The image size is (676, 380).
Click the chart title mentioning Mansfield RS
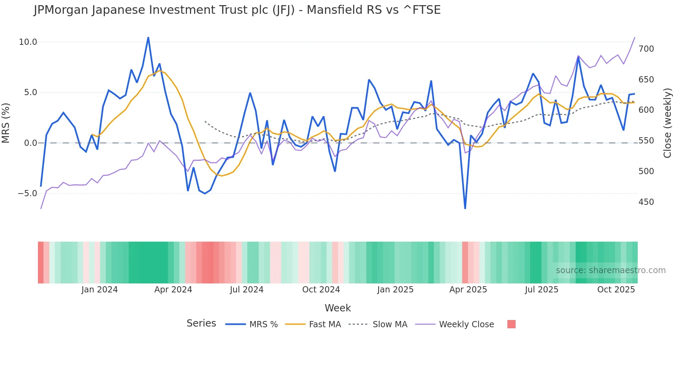click(x=237, y=10)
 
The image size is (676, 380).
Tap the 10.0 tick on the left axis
click(x=28, y=42)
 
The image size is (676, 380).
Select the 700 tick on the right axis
click(x=646, y=49)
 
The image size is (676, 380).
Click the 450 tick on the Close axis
click(x=646, y=202)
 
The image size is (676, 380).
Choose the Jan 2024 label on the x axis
click(x=99, y=290)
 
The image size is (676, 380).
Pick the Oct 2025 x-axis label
click(x=616, y=290)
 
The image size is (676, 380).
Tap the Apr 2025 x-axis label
click(x=468, y=290)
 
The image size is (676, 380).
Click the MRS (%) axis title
click(x=6, y=123)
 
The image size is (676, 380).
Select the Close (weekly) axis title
click(x=667, y=123)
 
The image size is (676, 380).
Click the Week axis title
click(x=338, y=308)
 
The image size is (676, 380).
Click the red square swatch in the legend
click(x=511, y=324)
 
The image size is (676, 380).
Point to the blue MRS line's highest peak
click(x=148, y=38)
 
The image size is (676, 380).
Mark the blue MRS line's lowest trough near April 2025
click(x=465, y=208)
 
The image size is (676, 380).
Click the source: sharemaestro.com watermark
click(x=610, y=270)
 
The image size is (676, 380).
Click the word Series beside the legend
click(x=201, y=323)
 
